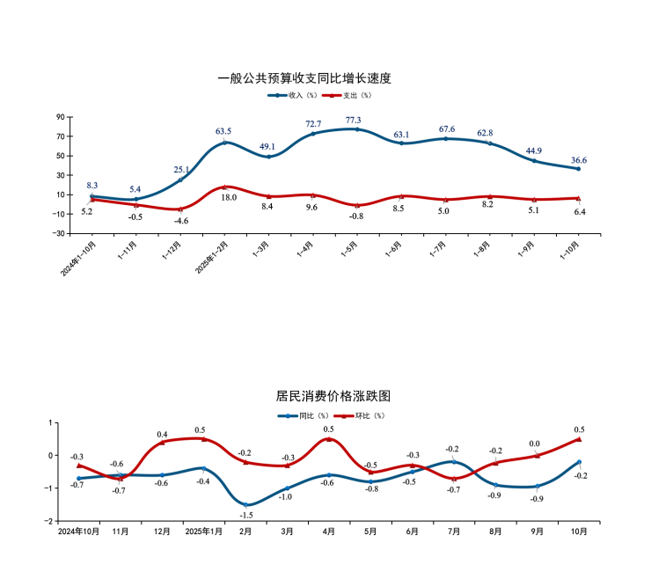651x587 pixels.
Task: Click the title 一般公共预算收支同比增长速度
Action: [304, 78]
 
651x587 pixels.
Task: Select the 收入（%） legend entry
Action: [290, 95]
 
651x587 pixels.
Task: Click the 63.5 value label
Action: [223, 132]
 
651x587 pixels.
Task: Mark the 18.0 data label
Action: [229, 198]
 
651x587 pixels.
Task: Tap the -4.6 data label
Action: [181, 221]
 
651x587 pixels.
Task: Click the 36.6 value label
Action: [579, 160]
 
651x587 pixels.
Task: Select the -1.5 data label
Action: [247, 516]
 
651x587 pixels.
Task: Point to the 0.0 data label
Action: [534, 444]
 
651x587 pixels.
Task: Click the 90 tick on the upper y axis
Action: [61, 117]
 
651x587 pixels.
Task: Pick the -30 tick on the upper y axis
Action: [59, 233]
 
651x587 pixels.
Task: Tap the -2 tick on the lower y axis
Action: [49, 521]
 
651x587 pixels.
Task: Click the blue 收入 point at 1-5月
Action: [356, 129]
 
